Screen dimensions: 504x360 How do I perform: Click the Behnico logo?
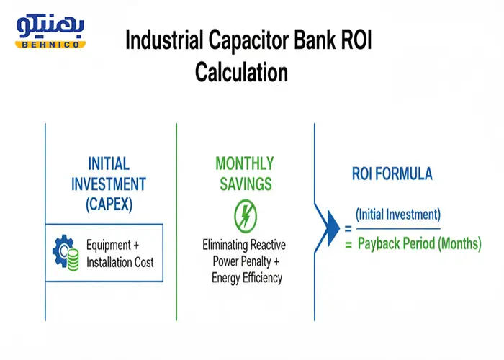tap(50, 31)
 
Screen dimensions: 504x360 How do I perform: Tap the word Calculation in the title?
tap(241, 72)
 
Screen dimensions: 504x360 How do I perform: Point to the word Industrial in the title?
tap(164, 40)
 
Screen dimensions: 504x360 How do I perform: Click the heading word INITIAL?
tap(109, 163)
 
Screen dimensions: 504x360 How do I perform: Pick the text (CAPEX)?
tap(109, 204)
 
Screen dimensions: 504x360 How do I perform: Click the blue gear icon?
tap(63, 251)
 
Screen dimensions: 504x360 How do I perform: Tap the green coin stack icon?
tap(73, 259)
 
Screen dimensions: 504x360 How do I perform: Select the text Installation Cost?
tap(120, 262)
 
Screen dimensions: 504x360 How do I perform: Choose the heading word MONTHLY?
tap(245, 163)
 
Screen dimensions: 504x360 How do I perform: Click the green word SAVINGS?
tap(246, 184)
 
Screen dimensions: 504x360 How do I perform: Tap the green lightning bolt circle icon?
tap(246, 216)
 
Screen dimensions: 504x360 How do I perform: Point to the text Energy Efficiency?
tap(247, 278)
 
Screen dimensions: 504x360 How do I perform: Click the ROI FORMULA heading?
tap(392, 174)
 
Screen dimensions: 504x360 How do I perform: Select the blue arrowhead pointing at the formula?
tap(333, 228)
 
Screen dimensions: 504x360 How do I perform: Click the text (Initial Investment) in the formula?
tap(398, 215)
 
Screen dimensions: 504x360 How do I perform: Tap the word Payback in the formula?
tap(379, 243)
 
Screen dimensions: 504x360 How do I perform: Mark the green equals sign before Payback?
tap(348, 245)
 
